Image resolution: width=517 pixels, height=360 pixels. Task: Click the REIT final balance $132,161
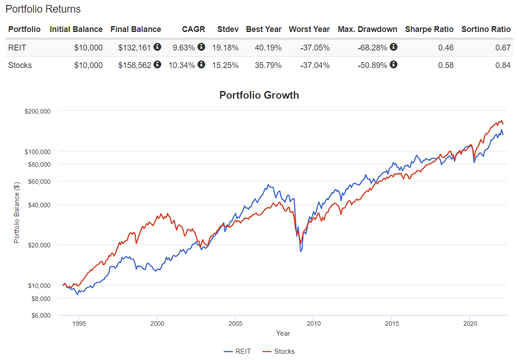click(x=135, y=48)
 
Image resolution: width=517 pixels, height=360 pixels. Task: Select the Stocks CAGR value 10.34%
click(x=182, y=65)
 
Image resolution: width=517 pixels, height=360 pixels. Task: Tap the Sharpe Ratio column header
click(x=429, y=29)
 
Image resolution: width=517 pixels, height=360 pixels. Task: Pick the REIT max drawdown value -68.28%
click(x=372, y=48)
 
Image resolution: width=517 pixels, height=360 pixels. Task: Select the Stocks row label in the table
click(x=20, y=65)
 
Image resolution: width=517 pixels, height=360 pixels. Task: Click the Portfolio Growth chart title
click(x=259, y=95)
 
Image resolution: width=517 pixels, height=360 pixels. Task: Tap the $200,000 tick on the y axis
click(x=37, y=111)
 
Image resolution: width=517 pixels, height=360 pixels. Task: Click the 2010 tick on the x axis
click(x=313, y=324)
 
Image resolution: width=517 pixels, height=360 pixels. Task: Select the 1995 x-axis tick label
click(x=79, y=324)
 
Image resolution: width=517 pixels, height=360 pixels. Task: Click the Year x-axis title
click(x=283, y=333)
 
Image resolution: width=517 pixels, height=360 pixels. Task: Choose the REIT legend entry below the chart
click(x=237, y=351)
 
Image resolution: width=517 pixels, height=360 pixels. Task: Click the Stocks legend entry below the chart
click(x=279, y=351)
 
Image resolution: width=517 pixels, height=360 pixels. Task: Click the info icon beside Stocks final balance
click(x=157, y=65)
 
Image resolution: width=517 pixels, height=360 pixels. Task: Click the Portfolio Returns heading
click(x=43, y=9)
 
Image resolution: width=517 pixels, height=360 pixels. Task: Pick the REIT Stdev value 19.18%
click(x=227, y=48)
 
